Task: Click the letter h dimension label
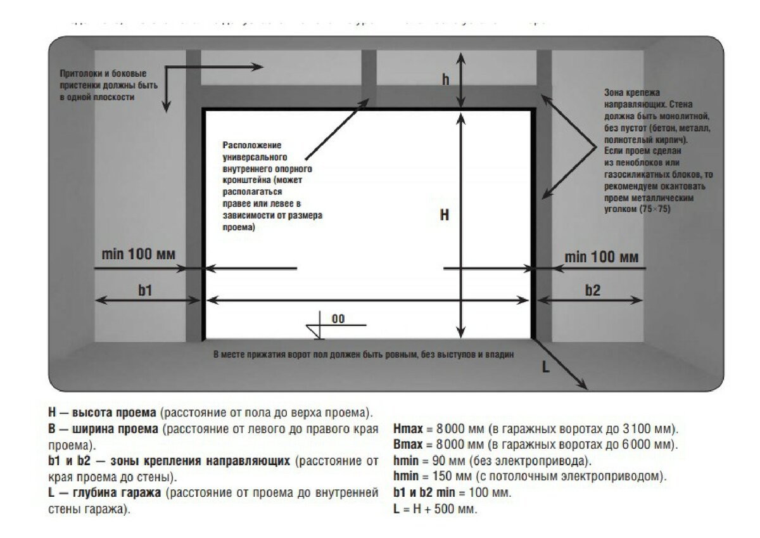[x=446, y=79]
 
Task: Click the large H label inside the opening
[x=445, y=215]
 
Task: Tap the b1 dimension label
[x=146, y=290]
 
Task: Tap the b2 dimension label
[x=592, y=290]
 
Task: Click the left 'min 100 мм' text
[x=139, y=255]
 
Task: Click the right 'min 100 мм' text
[x=601, y=257]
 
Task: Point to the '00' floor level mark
[x=338, y=319]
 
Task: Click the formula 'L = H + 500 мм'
[x=435, y=509]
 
